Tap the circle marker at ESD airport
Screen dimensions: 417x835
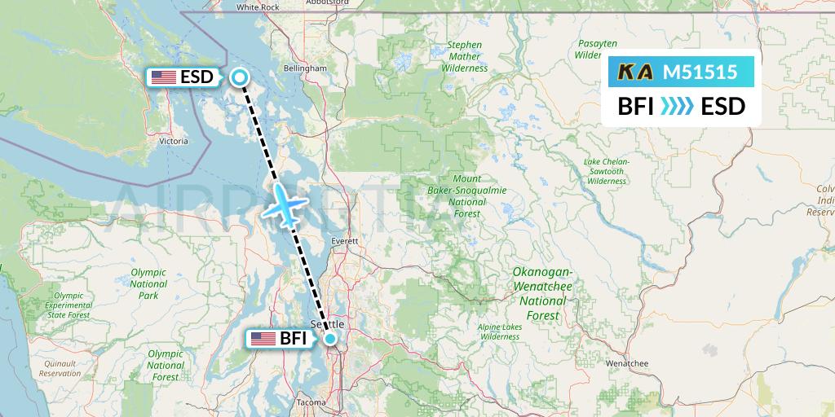coord(240,77)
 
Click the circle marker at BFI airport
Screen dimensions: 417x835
coord(330,339)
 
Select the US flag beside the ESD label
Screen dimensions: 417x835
coord(164,77)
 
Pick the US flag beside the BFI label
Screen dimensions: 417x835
coord(263,339)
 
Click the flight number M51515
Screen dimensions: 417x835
coord(700,72)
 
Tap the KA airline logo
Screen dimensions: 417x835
coord(635,72)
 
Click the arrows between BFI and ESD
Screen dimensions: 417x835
coord(677,106)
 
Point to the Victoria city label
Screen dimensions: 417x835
coord(175,141)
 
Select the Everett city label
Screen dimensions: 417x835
coord(347,242)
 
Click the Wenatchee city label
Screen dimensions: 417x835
coord(627,362)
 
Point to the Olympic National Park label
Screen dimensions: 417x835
coord(148,284)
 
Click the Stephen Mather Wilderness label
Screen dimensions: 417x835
coord(465,57)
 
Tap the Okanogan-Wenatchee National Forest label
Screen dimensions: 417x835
coord(542,292)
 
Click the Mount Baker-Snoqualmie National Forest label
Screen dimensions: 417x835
coord(467,195)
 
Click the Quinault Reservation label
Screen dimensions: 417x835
coord(60,368)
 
